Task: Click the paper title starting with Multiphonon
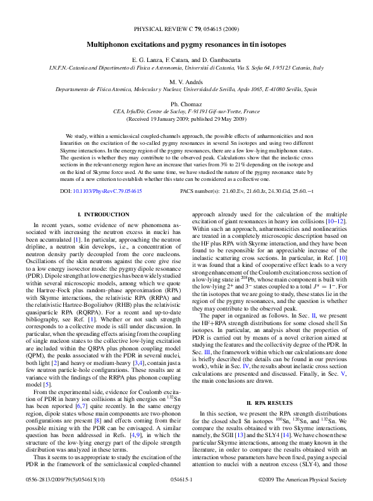(x=186, y=45)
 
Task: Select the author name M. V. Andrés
(x=186, y=82)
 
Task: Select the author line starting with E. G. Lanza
(x=186, y=59)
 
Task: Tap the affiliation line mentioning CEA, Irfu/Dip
(x=186, y=111)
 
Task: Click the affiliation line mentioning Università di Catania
(x=186, y=66)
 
